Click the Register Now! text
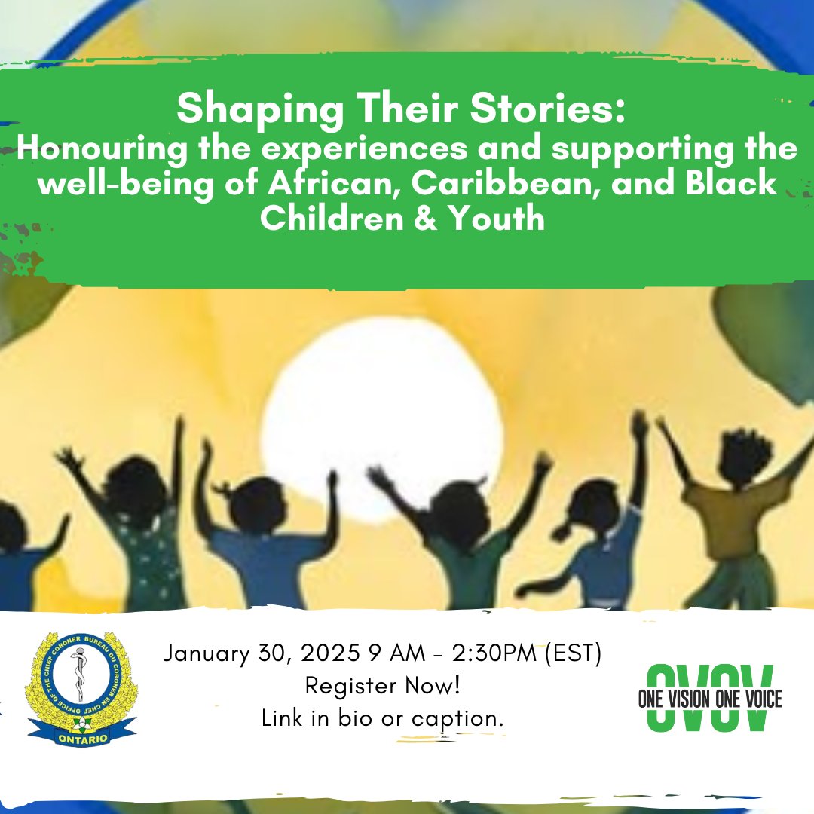click(383, 686)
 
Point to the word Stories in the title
click(562, 112)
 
